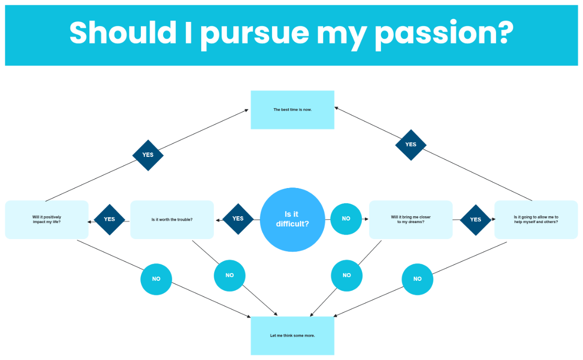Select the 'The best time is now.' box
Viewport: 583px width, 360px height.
(292, 110)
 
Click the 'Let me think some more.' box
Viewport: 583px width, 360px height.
(292, 336)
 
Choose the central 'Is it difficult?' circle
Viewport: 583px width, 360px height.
(292, 220)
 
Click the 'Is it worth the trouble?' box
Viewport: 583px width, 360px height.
(172, 220)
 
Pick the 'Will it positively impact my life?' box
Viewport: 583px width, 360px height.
(47, 220)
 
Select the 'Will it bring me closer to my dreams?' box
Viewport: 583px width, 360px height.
(411, 220)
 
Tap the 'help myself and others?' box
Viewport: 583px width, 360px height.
(536, 220)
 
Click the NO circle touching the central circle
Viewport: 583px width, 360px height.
(346, 219)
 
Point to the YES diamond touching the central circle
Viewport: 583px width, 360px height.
(238, 219)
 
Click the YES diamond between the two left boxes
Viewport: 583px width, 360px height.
(109, 219)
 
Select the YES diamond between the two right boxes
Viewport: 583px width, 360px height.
(476, 220)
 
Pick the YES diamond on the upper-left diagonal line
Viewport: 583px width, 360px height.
(148, 155)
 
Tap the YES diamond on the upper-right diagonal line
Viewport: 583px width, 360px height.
(411, 145)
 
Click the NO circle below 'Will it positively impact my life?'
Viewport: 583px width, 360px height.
(156, 279)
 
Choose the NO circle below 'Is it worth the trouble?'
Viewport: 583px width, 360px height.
(229, 275)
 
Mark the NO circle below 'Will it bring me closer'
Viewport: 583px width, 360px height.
(346, 275)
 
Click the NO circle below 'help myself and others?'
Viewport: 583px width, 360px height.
(417, 279)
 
